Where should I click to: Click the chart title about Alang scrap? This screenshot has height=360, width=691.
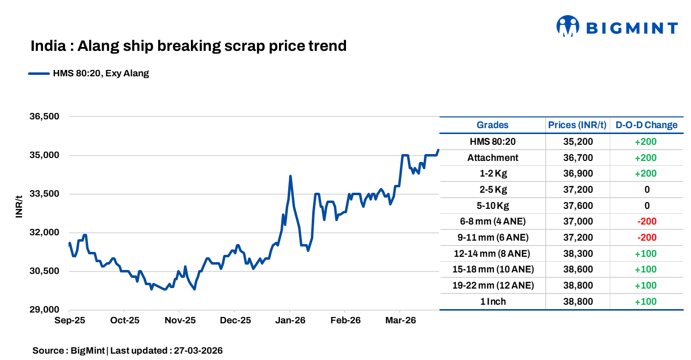pyautogui.click(x=188, y=46)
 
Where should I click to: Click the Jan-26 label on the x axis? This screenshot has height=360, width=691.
pyautogui.click(x=290, y=320)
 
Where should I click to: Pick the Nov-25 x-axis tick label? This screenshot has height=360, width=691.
pyautogui.click(x=179, y=320)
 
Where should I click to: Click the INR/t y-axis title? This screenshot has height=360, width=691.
pyautogui.click(x=20, y=206)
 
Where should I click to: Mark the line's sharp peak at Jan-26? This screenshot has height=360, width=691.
pyautogui.click(x=290, y=176)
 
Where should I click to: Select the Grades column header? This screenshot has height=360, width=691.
pyautogui.click(x=492, y=125)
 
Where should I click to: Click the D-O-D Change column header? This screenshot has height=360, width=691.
pyautogui.click(x=646, y=125)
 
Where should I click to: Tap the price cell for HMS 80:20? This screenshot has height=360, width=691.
pyautogui.click(x=577, y=142)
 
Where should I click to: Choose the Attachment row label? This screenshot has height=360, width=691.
pyautogui.click(x=492, y=157)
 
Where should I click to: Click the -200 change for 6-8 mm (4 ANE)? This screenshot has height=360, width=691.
pyautogui.click(x=646, y=222)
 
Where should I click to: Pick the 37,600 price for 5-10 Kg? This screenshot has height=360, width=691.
pyautogui.click(x=577, y=205)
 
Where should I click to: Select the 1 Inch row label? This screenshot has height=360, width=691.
pyautogui.click(x=492, y=301)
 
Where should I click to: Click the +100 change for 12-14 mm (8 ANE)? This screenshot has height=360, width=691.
pyautogui.click(x=645, y=253)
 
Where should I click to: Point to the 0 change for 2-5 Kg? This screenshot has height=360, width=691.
pyautogui.click(x=646, y=190)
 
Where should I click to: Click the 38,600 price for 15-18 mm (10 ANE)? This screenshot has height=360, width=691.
pyautogui.click(x=577, y=270)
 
